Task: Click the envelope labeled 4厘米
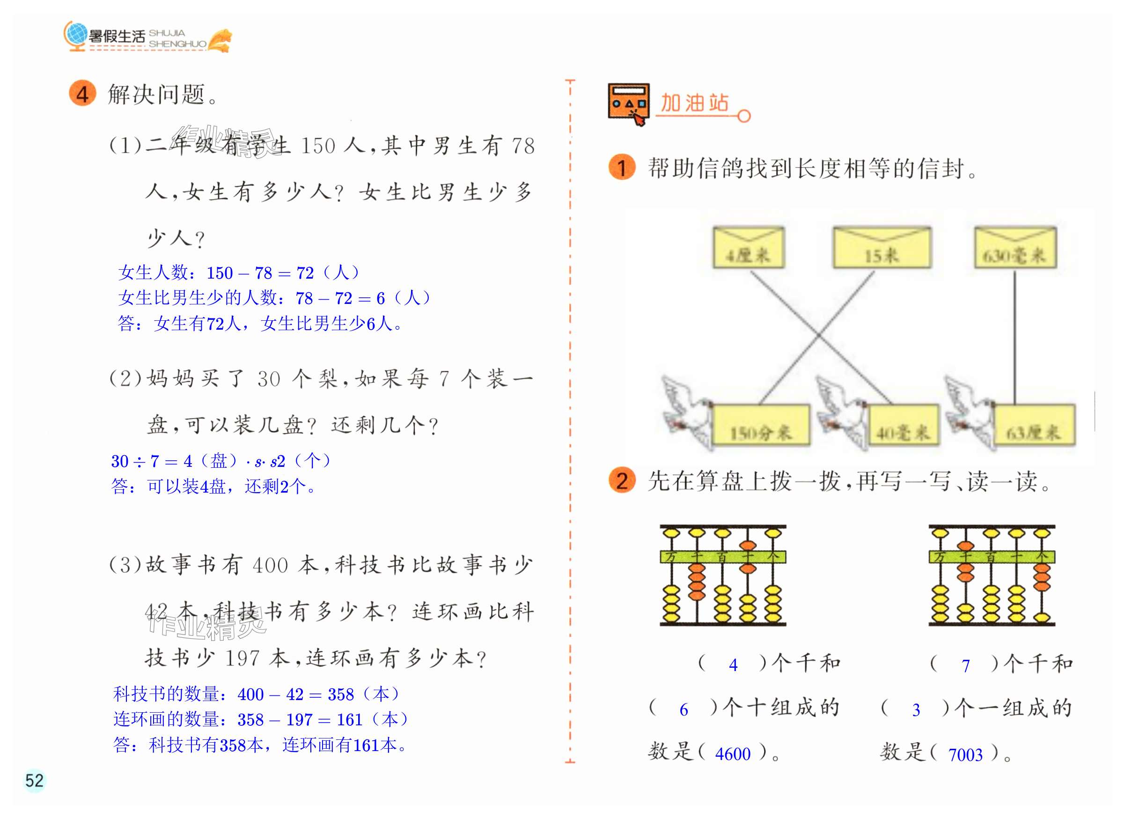(748, 248)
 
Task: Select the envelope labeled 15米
(882, 248)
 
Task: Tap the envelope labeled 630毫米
(1015, 248)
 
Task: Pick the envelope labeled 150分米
(760, 426)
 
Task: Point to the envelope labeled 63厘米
(1034, 426)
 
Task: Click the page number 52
(34, 780)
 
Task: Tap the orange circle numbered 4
(82, 94)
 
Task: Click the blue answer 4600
(732, 754)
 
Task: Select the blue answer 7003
(965, 754)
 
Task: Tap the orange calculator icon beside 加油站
(628, 103)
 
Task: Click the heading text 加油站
(694, 103)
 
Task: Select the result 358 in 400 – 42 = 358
(340, 694)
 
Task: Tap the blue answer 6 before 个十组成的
(684, 710)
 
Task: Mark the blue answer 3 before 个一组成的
(916, 710)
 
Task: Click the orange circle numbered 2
(622, 481)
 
